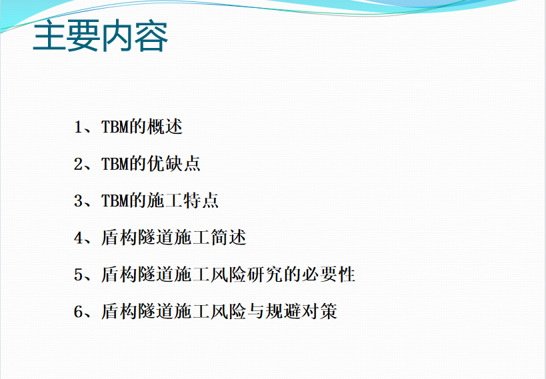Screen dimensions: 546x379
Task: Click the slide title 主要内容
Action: [x=100, y=36]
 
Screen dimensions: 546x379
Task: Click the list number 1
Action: [x=78, y=127]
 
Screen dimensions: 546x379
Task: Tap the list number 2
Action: [x=78, y=164]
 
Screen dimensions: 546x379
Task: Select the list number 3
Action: [x=78, y=200]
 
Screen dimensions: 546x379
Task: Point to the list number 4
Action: [x=78, y=238]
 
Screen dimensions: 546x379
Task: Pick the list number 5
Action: [x=78, y=274]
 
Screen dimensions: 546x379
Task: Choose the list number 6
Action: [x=78, y=312]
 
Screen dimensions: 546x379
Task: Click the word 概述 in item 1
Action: [x=165, y=127]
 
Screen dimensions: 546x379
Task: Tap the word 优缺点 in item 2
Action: [x=174, y=164]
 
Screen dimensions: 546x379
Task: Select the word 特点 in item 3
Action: [x=201, y=200]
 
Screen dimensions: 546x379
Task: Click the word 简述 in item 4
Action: [x=229, y=237]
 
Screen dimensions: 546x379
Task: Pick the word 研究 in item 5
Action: [x=265, y=274]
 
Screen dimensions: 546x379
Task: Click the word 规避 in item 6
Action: [x=283, y=311]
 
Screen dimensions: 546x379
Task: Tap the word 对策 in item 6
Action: [x=319, y=311]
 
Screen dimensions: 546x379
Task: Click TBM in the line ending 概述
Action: [x=115, y=127]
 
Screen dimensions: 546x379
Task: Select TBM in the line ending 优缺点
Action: [x=115, y=164]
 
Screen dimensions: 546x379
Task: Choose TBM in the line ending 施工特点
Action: [x=115, y=200]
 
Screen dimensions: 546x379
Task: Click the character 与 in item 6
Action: [x=256, y=311]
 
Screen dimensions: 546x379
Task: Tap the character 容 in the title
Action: [x=151, y=36]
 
